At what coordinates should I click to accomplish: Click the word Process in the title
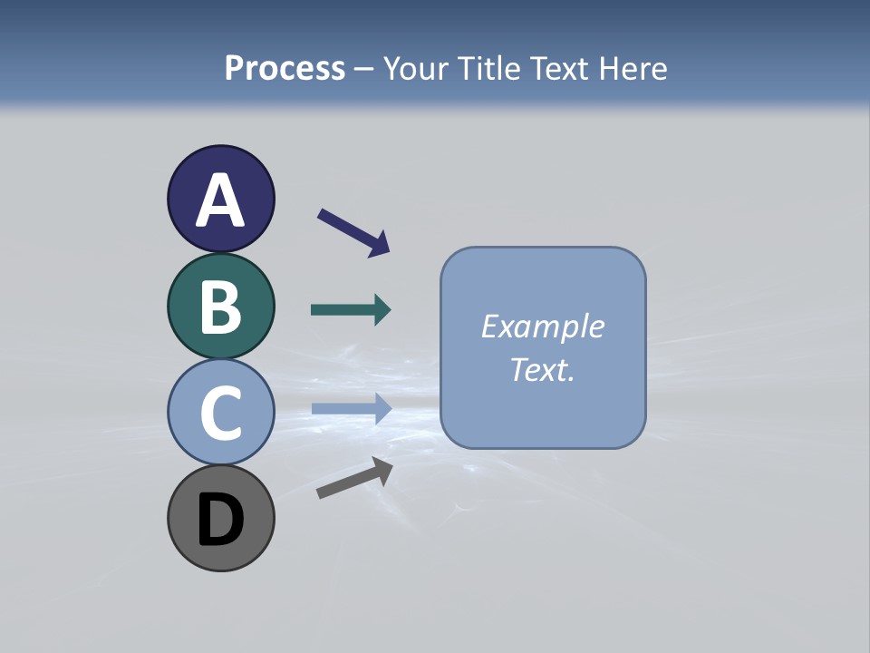[285, 68]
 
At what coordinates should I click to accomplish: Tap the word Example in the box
[543, 326]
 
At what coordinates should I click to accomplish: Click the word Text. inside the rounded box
[543, 369]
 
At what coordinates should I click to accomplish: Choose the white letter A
[220, 200]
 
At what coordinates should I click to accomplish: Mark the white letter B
[220, 307]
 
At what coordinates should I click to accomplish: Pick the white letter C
[220, 413]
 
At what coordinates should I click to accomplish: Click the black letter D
[220, 520]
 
